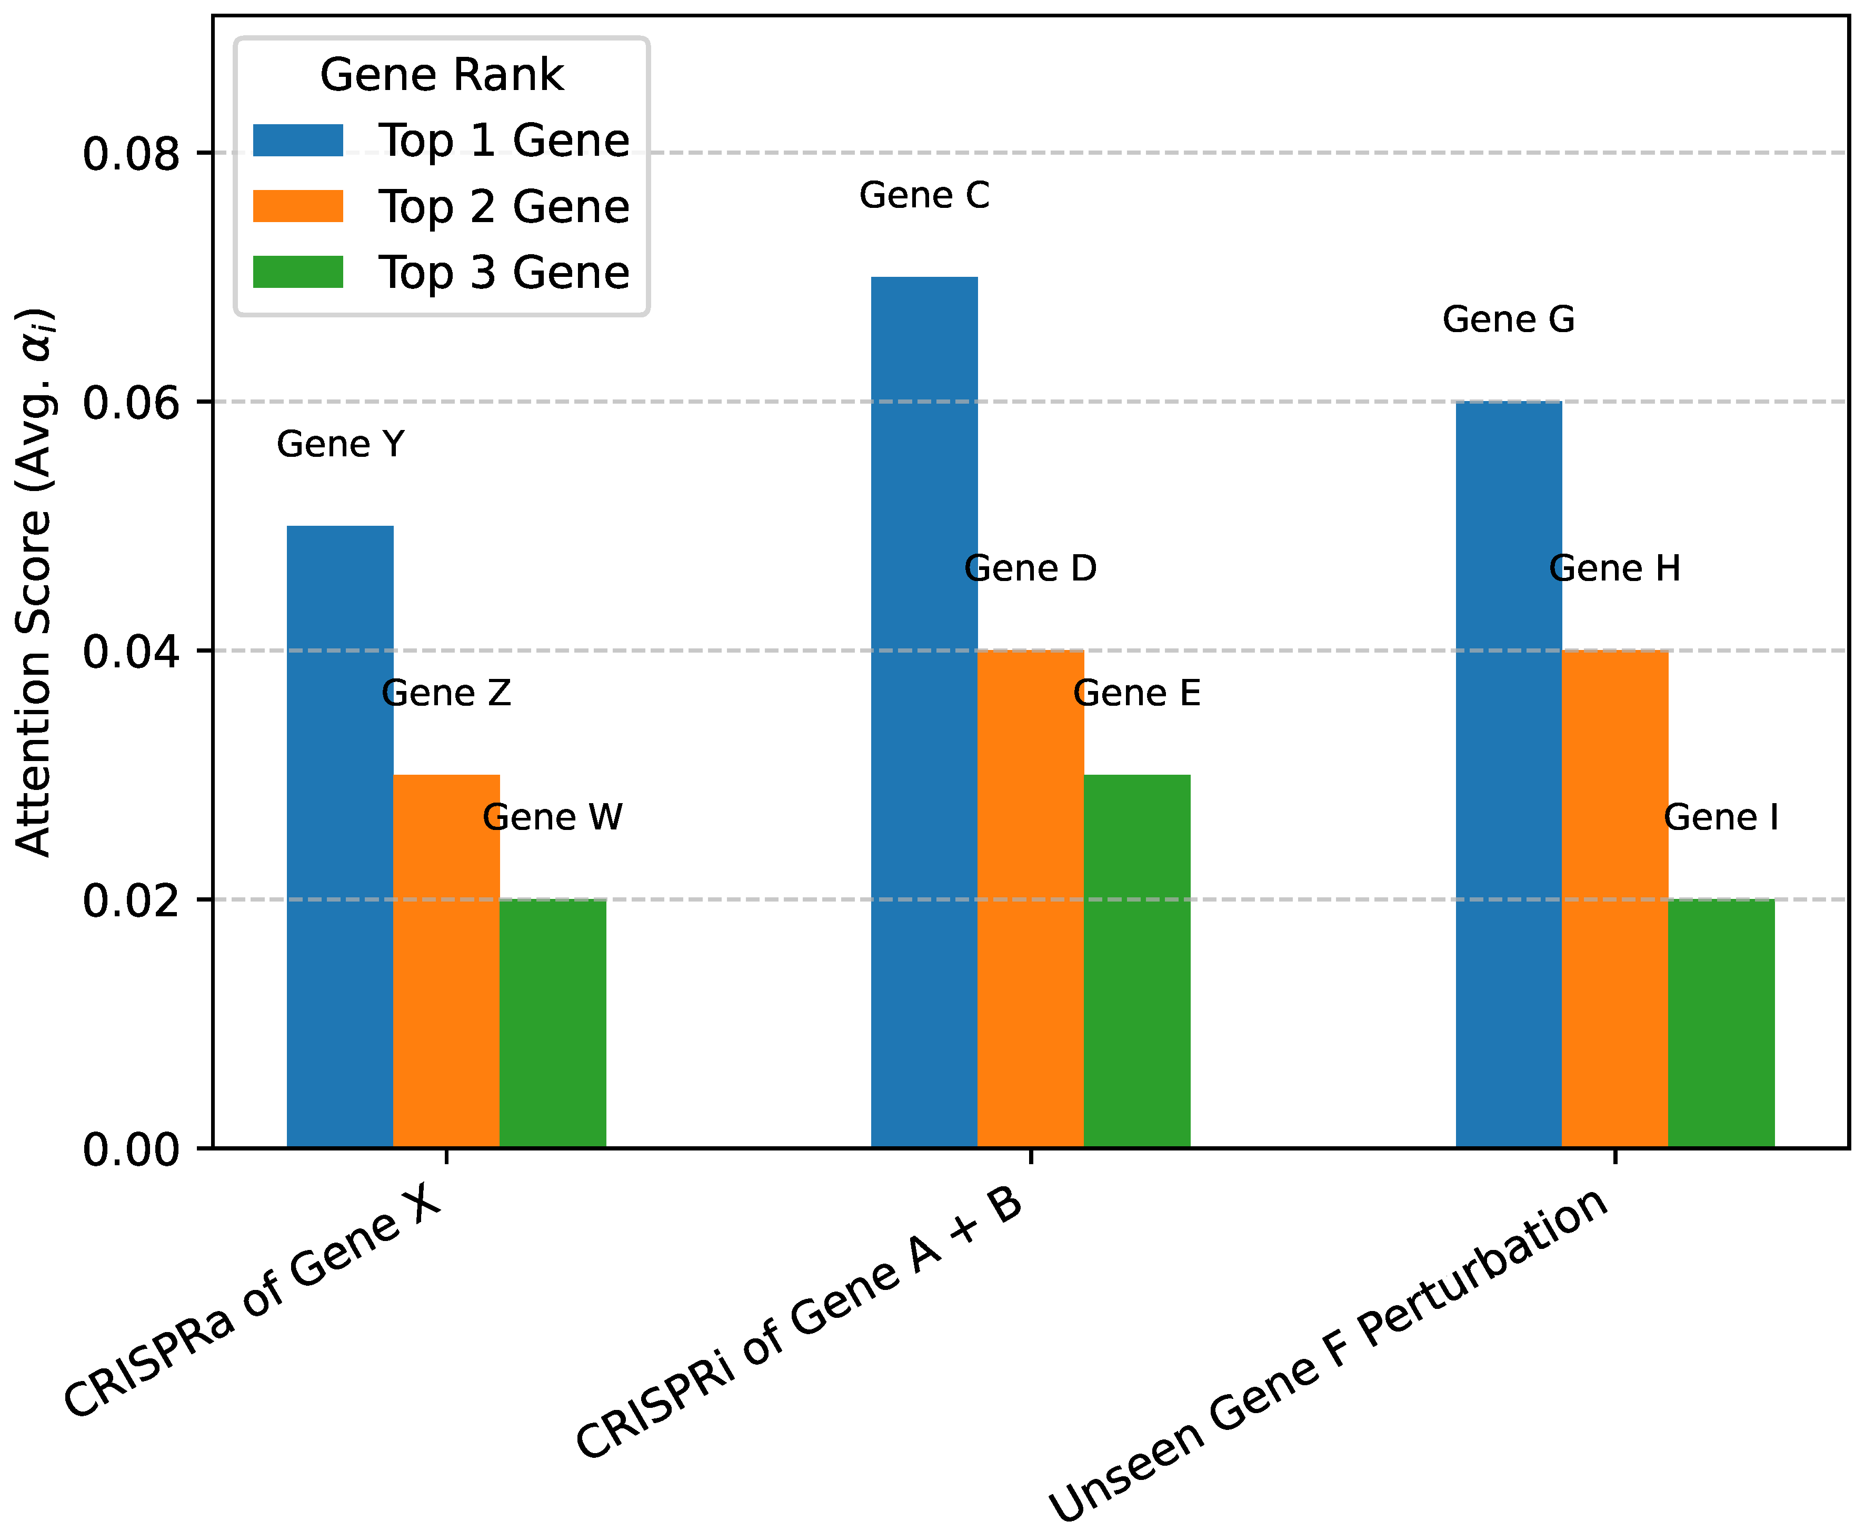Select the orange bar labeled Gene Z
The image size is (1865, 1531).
click(x=446, y=962)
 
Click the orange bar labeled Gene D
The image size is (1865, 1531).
click(x=1031, y=899)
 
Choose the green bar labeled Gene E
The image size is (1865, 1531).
click(x=1136, y=962)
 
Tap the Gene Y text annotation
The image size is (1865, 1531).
click(x=341, y=445)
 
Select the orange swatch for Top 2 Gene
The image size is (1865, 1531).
click(x=298, y=206)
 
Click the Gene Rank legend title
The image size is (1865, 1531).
click(x=441, y=74)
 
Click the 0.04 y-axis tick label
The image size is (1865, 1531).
click(x=131, y=652)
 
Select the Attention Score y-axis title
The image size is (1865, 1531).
click(x=35, y=582)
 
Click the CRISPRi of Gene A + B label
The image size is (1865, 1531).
click(x=799, y=1323)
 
